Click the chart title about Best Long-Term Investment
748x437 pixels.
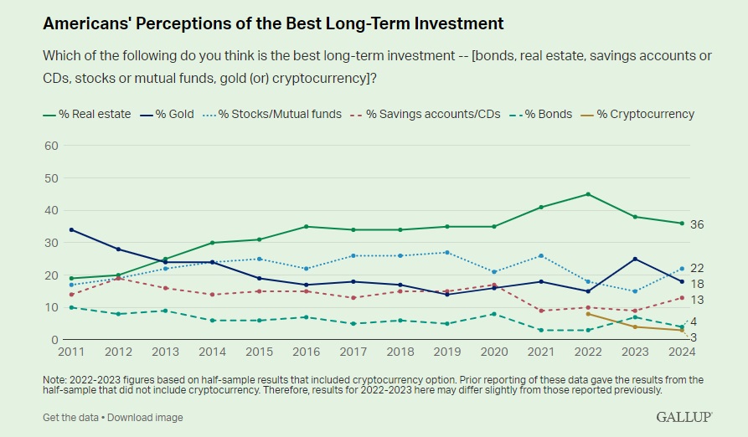(x=273, y=23)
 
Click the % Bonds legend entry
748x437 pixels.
(x=536, y=114)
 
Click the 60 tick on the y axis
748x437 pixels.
(x=50, y=146)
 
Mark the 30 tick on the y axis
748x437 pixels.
(x=50, y=243)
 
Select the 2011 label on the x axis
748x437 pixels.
(x=72, y=353)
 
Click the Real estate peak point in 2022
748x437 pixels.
(x=588, y=194)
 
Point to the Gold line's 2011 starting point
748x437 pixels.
(x=72, y=229)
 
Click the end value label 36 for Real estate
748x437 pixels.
(x=697, y=224)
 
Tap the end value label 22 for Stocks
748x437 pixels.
(x=697, y=269)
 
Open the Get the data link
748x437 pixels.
(x=72, y=417)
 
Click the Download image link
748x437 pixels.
(x=145, y=417)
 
